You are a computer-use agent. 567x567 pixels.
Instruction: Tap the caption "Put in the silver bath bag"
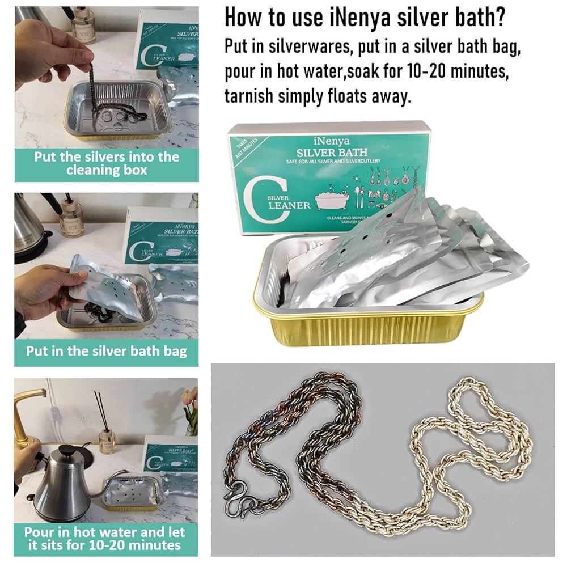pyautogui.click(x=106, y=350)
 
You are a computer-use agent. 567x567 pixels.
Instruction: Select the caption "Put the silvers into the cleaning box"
pyautogui.click(x=106, y=163)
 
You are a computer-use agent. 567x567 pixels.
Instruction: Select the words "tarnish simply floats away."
pyautogui.click(x=316, y=97)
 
